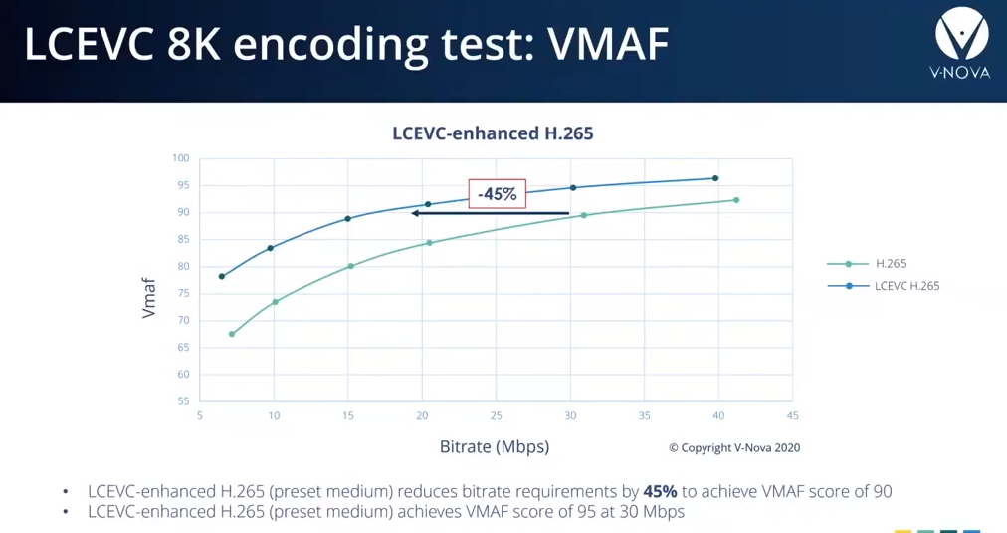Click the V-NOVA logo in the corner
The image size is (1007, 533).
click(961, 42)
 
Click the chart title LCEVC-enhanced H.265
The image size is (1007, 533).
click(493, 133)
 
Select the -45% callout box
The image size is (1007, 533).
click(498, 193)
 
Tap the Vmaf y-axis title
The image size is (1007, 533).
click(149, 298)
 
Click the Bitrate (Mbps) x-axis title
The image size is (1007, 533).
click(495, 446)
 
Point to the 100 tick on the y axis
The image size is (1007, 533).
click(180, 158)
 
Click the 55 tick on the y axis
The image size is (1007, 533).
click(182, 401)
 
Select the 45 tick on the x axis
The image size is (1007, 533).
click(792, 415)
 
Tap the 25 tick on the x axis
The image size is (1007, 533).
click(496, 415)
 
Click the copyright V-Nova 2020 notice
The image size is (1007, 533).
click(733, 448)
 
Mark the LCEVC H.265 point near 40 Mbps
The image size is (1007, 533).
click(715, 178)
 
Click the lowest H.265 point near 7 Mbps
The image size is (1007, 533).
click(232, 334)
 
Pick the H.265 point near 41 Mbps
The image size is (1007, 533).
click(736, 200)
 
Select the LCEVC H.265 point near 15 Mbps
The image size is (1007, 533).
click(348, 219)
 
